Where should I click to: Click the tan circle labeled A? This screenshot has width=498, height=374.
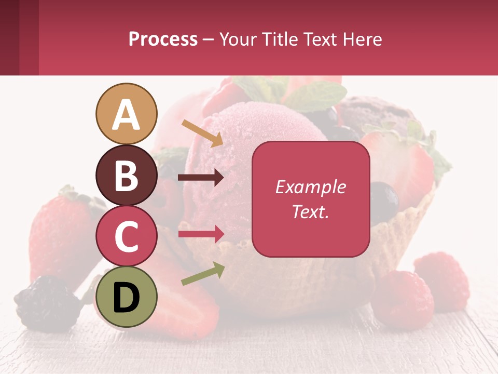coord(126,114)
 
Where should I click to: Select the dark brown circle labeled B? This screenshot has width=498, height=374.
coord(126,176)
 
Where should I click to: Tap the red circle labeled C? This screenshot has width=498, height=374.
coord(126,236)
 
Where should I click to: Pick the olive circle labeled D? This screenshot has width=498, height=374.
coord(126,297)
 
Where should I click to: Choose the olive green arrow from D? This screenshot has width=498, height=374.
coord(203,274)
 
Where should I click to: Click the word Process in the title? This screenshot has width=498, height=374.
coord(163,39)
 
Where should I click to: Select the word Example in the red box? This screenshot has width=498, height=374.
coord(311,187)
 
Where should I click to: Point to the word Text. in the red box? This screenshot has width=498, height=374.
coord(311,211)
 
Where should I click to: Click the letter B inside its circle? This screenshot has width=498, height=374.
coord(126,176)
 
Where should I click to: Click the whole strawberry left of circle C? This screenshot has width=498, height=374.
coord(60,234)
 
